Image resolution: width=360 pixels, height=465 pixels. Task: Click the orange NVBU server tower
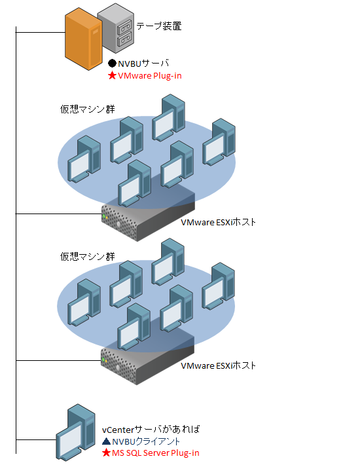(x=84, y=39)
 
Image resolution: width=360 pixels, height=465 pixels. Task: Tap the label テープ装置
(x=159, y=26)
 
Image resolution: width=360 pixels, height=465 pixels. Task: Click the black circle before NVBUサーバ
(x=112, y=63)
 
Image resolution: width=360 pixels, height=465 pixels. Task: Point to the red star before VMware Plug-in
(x=112, y=75)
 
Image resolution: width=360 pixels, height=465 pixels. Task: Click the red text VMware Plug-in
(x=150, y=76)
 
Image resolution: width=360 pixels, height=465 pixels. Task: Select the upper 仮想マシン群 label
(x=88, y=109)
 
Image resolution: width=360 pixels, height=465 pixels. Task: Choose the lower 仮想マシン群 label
(x=88, y=256)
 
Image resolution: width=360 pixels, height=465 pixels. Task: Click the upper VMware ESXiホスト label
(x=218, y=222)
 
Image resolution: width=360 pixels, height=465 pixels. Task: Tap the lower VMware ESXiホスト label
(x=218, y=365)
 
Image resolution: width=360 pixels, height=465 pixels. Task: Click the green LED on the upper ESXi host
(x=104, y=217)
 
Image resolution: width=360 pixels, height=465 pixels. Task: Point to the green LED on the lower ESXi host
(x=103, y=360)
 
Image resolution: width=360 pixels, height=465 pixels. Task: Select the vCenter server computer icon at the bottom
(x=76, y=432)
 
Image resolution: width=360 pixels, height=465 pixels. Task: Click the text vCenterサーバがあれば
(x=151, y=429)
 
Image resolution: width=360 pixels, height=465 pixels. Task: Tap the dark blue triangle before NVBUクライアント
(x=106, y=441)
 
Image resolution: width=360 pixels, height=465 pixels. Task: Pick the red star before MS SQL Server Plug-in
(x=106, y=453)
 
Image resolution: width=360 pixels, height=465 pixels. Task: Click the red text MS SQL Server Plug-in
(x=156, y=453)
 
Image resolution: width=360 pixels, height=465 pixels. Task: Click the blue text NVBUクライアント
(x=146, y=441)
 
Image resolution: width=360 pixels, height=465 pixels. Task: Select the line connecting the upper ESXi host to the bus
(x=59, y=214)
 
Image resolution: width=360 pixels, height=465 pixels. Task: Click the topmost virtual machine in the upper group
(x=169, y=117)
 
